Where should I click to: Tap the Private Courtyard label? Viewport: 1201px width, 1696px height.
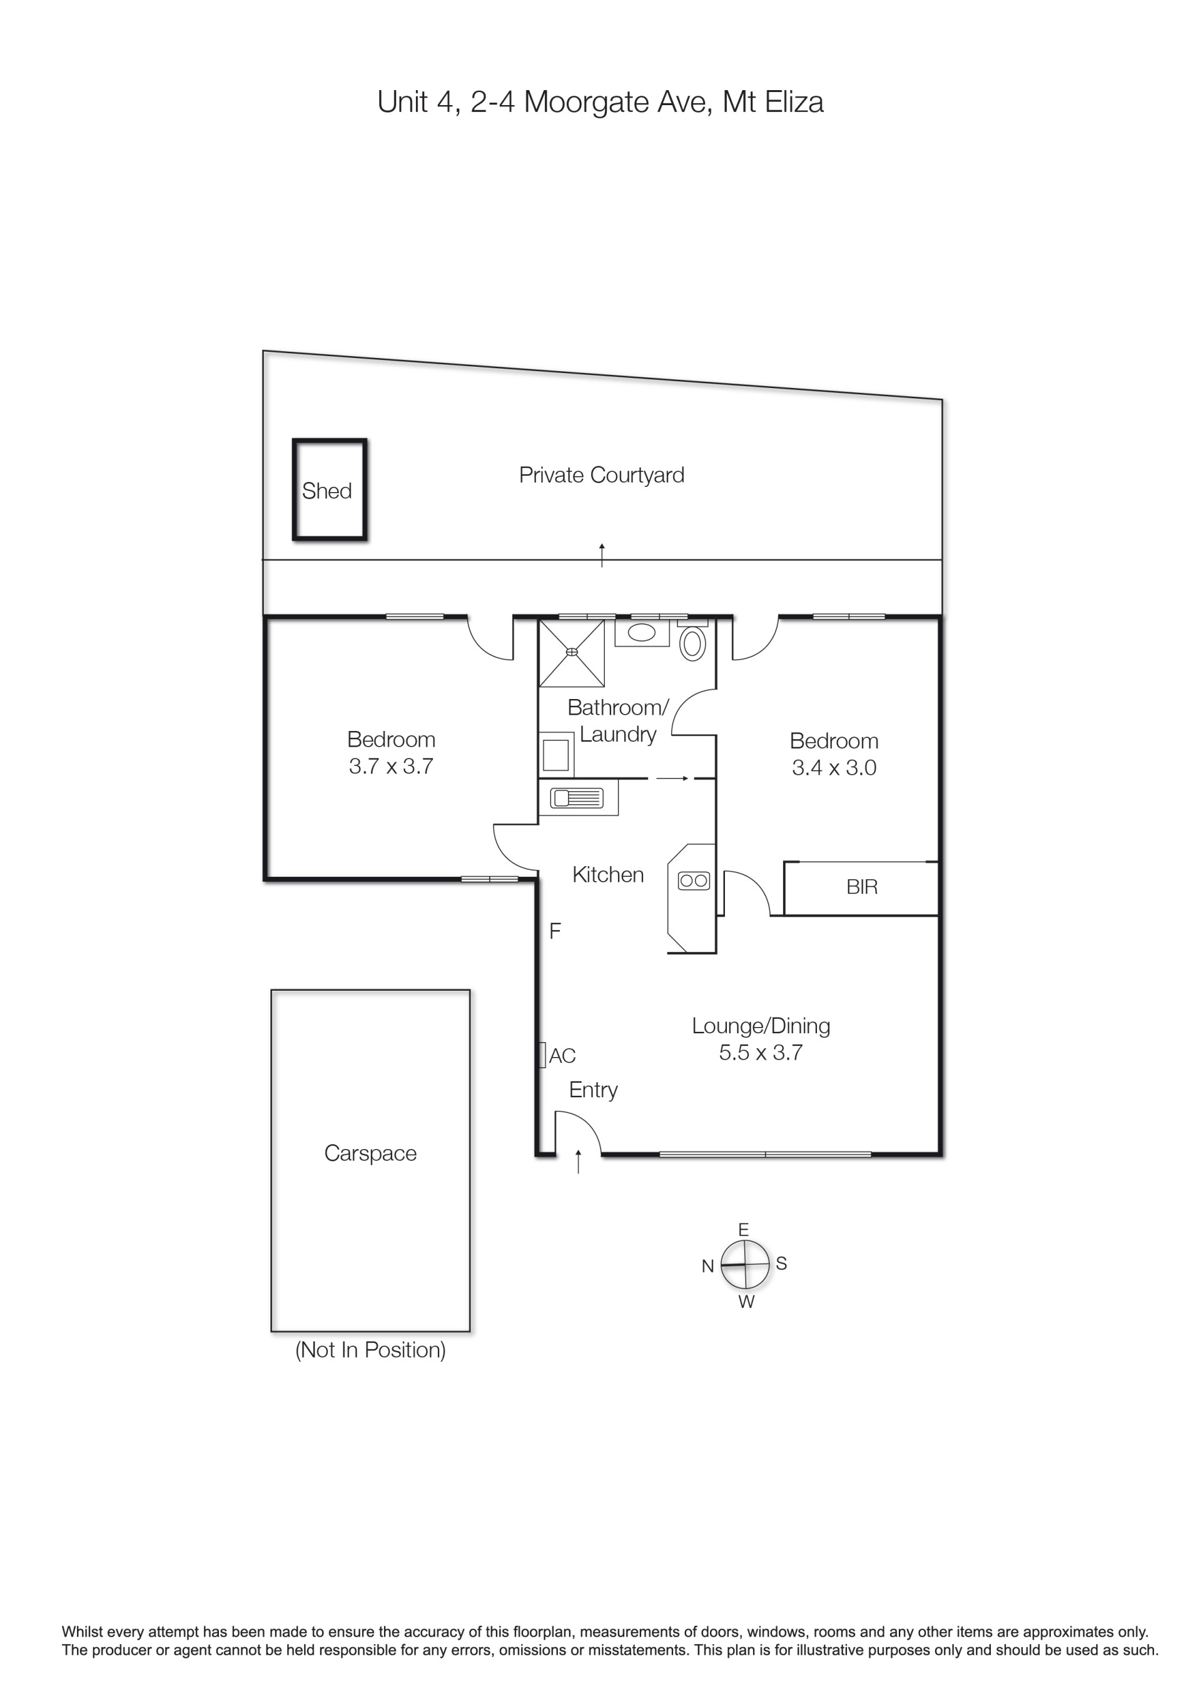[601, 475]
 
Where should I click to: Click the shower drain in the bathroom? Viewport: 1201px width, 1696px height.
[572, 652]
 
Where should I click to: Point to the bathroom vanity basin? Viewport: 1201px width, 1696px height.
[641, 632]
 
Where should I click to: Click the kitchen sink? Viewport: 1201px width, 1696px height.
[577, 799]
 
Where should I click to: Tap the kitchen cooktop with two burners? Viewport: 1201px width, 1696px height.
[694, 881]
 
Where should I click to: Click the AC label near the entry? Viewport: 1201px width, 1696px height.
[562, 1056]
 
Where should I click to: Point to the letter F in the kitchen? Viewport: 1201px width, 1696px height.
[555, 931]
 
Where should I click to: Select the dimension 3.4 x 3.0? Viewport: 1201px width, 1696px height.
[834, 767]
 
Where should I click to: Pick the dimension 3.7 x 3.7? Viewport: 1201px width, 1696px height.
[391, 766]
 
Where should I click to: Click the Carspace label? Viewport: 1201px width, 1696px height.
[370, 1153]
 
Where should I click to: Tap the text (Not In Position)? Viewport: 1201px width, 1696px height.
[370, 1351]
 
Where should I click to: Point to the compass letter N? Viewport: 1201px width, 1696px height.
[707, 1266]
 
